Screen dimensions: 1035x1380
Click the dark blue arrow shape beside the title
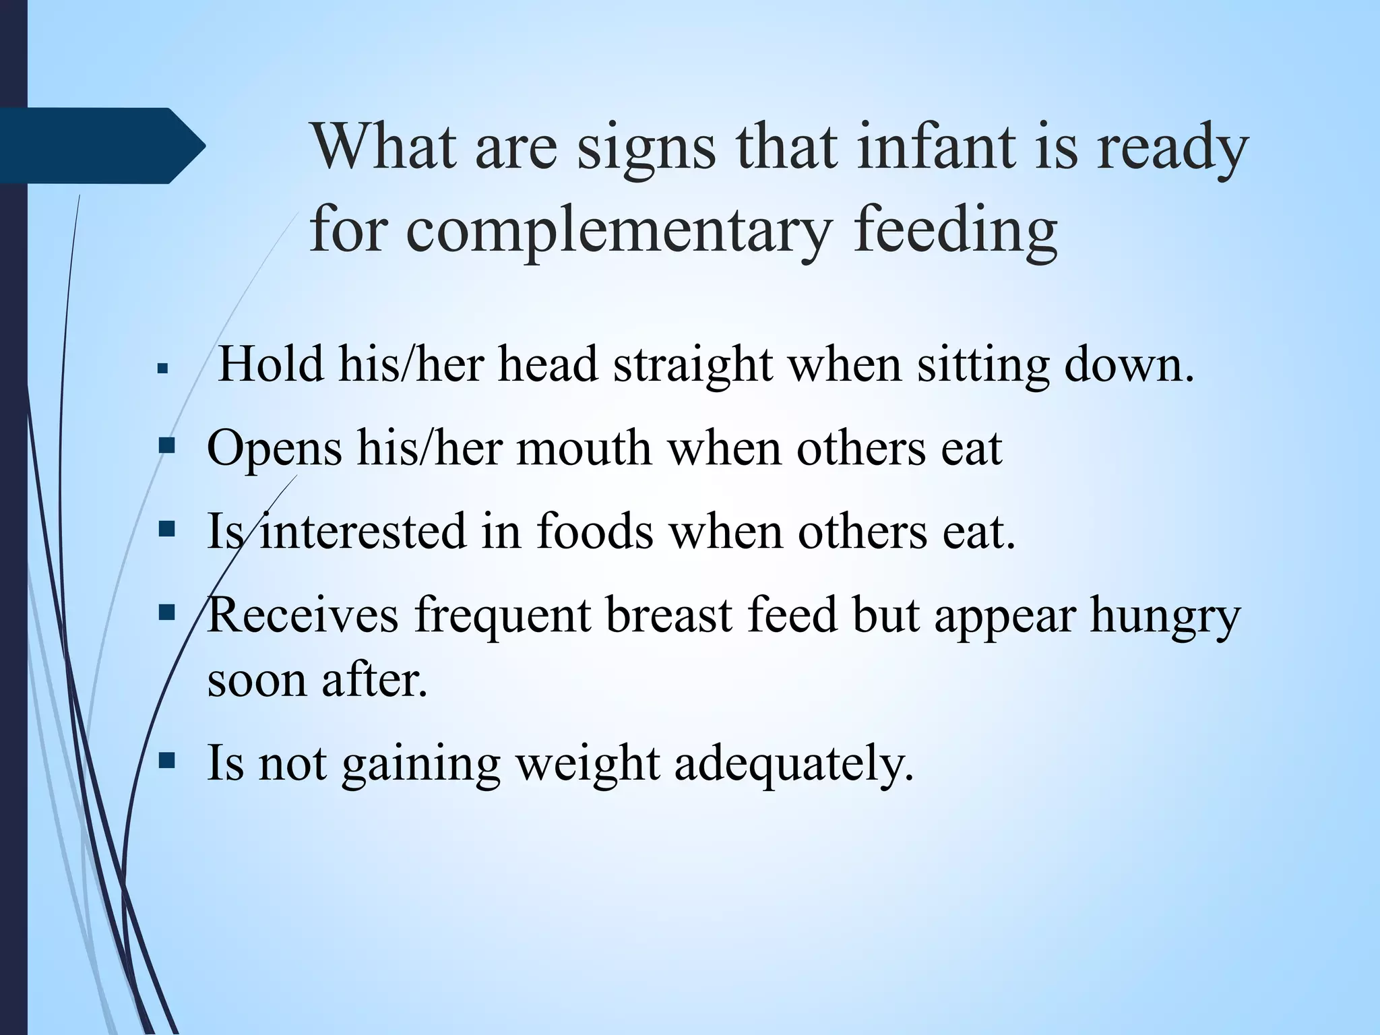pyautogui.click(x=101, y=146)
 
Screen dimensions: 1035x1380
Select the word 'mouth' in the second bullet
pyautogui.click(x=584, y=447)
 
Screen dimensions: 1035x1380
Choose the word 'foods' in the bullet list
pyautogui.click(x=595, y=530)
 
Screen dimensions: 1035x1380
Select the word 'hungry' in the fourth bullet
pyautogui.click(x=1165, y=616)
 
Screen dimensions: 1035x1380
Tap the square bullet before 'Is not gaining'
pyautogui.click(x=166, y=761)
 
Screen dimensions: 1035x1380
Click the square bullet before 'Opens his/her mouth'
pyautogui.click(x=166, y=445)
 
